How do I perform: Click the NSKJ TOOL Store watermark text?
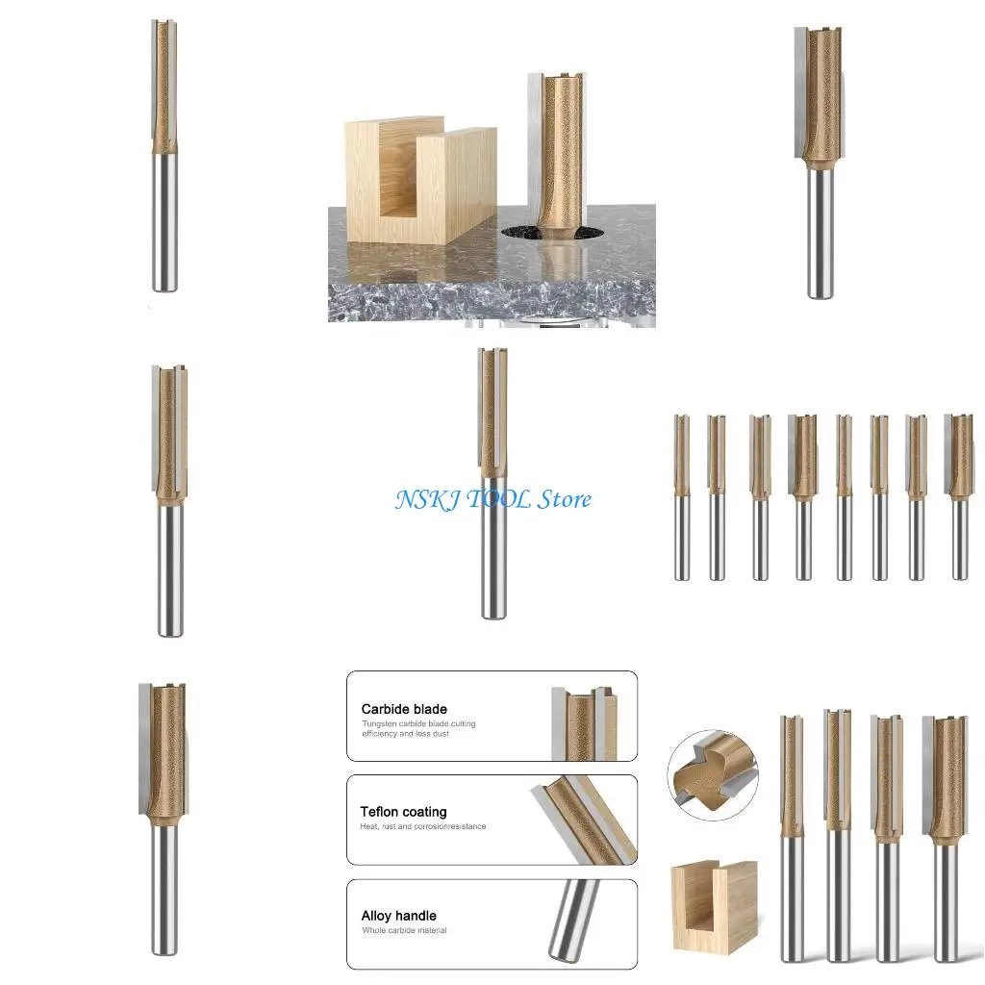click(492, 499)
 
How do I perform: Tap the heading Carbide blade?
click(404, 709)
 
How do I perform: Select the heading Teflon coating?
click(403, 812)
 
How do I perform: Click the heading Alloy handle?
click(398, 916)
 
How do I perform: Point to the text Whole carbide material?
click(404, 930)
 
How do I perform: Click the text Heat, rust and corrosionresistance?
click(423, 826)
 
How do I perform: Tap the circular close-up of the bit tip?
click(713, 773)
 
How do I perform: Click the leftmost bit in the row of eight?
click(681, 497)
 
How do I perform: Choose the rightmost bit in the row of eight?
click(959, 497)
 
